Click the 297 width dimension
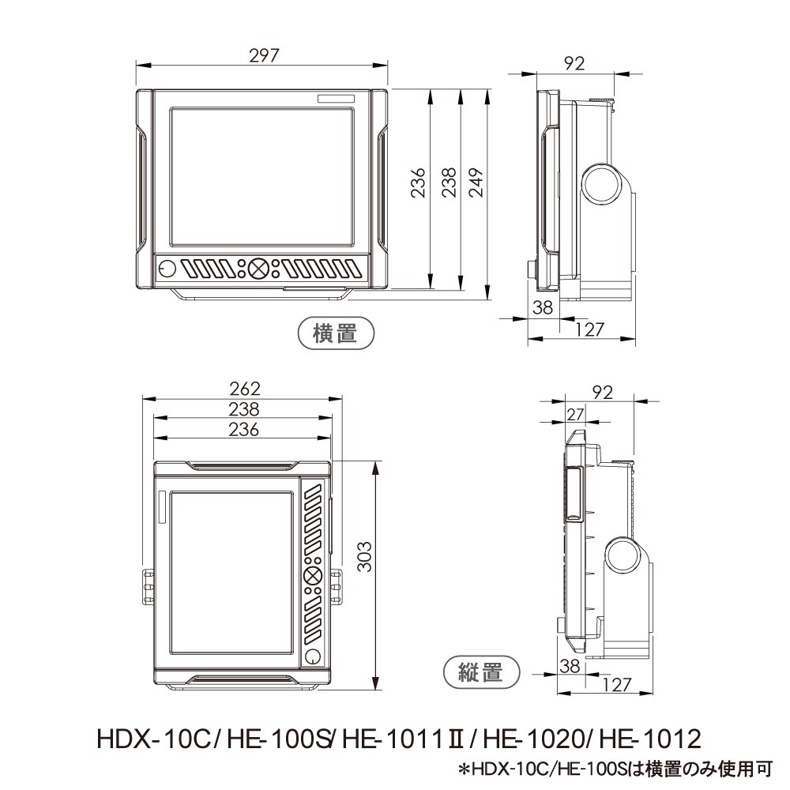click(264, 55)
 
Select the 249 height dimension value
click(476, 182)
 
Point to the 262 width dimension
click(245, 389)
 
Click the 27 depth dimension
click(574, 414)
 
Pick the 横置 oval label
click(336, 333)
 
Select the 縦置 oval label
click(481, 671)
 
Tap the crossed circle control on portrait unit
click(313, 574)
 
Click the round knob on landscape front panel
click(166, 269)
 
